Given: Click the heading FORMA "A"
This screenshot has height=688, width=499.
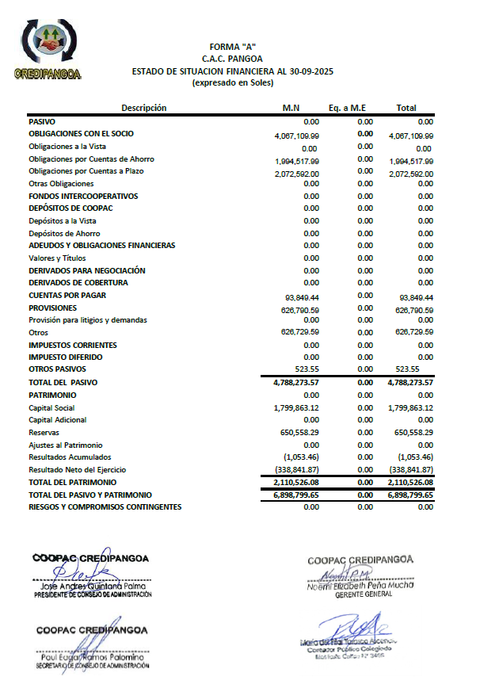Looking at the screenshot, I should [232, 47].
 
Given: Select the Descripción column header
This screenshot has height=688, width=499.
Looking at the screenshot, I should [144, 108].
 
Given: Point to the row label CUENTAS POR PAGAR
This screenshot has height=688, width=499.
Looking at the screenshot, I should [67, 296].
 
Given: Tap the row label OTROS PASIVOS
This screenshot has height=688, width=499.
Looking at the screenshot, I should [58, 369].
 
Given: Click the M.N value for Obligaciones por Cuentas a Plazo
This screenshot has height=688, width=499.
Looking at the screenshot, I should [297, 173].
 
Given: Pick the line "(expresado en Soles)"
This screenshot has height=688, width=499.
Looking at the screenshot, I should [232, 82].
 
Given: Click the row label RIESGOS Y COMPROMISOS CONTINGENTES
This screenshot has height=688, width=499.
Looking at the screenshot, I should [105, 506].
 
